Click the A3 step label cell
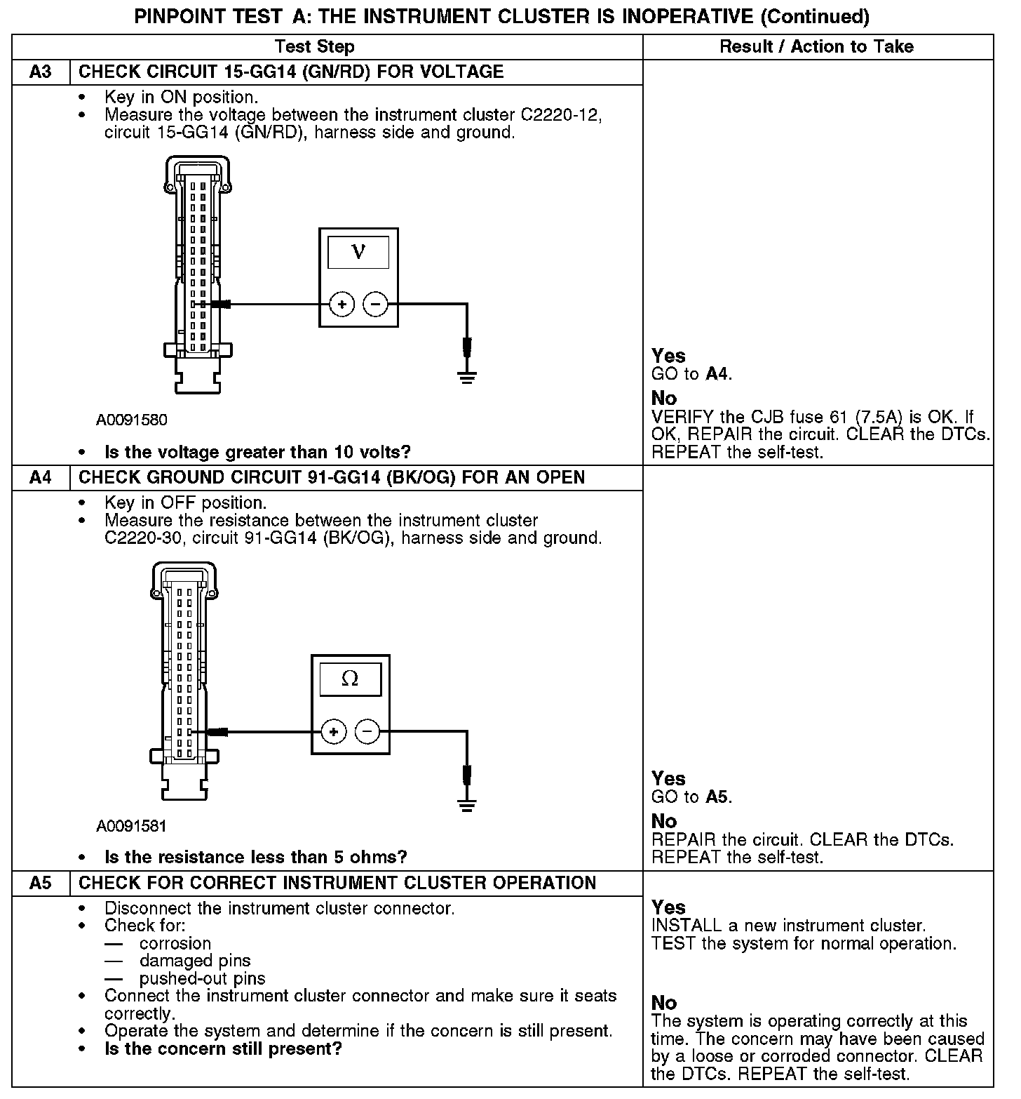(41, 72)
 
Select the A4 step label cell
(41, 478)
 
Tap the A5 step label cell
(41, 884)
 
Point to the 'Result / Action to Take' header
(816, 47)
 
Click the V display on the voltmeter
(358, 251)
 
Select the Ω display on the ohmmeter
(350, 679)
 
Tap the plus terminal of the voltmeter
(342, 304)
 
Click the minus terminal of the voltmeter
(375, 304)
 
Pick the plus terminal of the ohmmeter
(334, 732)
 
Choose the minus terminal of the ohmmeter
(367, 732)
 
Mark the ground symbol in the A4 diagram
(467, 804)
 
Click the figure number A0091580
(132, 420)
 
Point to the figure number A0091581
(132, 826)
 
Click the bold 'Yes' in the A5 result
(668, 907)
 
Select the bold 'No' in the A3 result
(664, 398)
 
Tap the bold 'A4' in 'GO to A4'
(717, 374)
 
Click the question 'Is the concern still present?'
(223, 1049)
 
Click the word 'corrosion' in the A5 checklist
(175, 944)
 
